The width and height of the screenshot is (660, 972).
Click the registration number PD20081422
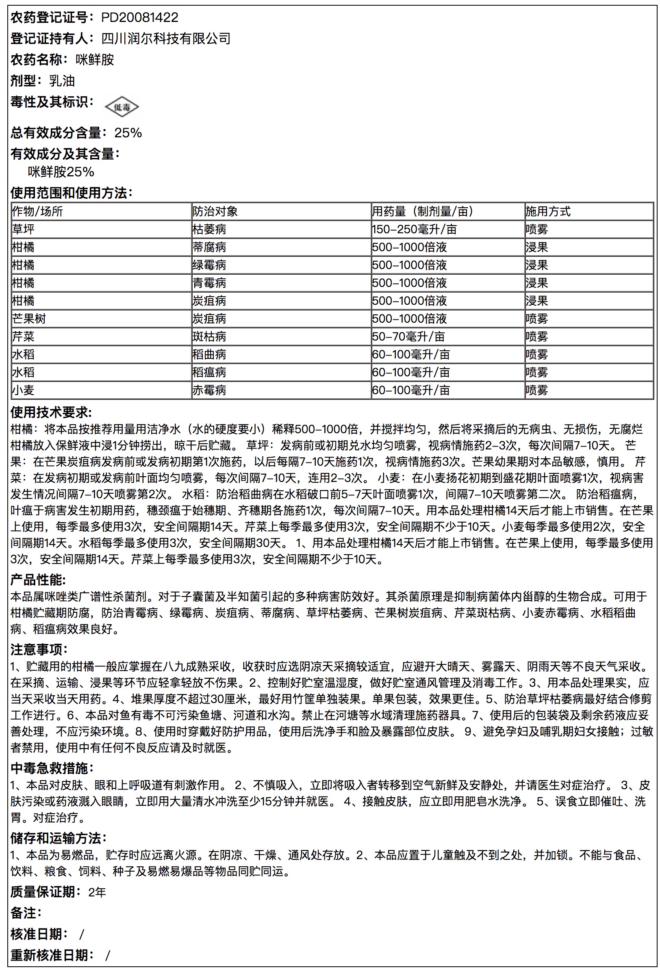point(140,17)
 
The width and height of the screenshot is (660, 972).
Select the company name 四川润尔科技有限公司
point(166,39)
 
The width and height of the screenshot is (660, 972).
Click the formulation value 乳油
point(62,81)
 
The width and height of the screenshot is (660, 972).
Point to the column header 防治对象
point(215,211)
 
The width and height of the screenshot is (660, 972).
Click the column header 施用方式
point(548,211)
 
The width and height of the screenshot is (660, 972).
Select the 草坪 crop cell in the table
point(24,229)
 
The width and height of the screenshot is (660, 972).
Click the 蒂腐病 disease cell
point(209,247)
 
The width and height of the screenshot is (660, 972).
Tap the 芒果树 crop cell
point(29,319)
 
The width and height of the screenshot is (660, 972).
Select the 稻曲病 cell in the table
point(209,355)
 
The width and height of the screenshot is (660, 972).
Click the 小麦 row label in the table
point(24,390)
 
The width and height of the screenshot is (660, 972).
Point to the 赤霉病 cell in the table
point(209,390)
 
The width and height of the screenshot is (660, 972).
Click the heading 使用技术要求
point(51,412)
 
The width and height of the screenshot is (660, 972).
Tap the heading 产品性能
point(38,580)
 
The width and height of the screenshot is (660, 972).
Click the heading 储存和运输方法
point(58,838)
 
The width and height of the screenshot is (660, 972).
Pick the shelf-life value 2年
point(97,892)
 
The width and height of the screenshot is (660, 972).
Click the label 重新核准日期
point(49,955)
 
